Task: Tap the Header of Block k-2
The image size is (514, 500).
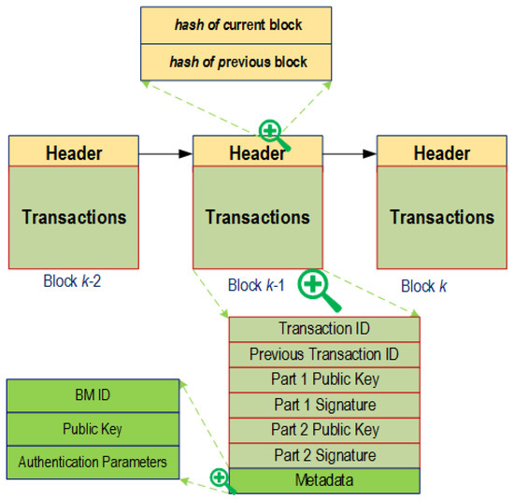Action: (73, 151)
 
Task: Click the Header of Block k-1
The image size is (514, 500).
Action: (257, 153)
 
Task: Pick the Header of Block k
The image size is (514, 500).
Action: (441, 151)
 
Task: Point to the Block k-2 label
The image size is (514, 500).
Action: (72, 279)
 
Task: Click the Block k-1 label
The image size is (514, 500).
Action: (256, 285)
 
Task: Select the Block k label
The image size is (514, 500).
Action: (423, 286)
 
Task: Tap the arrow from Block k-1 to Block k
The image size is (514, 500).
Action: (349, 152)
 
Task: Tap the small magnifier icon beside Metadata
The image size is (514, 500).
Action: (221, 479)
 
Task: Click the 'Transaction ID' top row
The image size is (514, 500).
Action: (324, 329)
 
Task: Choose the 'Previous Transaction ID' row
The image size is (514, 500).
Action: (324, 354)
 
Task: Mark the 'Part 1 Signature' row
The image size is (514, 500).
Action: (324, 405)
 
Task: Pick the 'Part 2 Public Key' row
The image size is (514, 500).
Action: (324, 430)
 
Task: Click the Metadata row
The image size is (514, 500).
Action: (324, 480)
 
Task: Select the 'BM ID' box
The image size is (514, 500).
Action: (92, 394)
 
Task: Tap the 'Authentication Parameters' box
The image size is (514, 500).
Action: (92, 462)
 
